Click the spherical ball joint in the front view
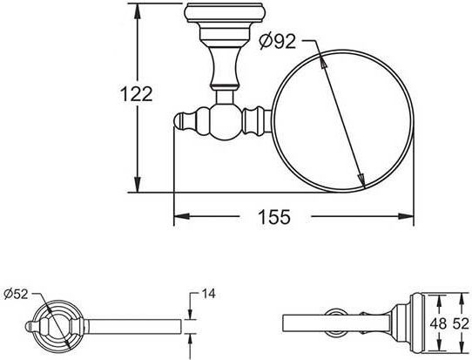tap(221, 117)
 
